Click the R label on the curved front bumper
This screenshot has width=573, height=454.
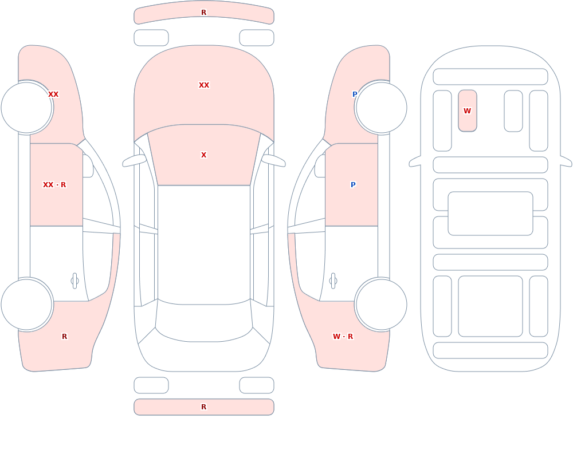pyautogui.click(x=203, y=13)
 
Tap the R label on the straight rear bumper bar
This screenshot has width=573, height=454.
pyautogui.click(x=203, y=407)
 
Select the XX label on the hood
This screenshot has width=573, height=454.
pyautogui.click(x=204, y=85)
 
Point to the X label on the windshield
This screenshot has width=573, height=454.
pyautogui.click(x=203, y=155)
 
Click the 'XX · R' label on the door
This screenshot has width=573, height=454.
pyautogui.click(x=54, y=185)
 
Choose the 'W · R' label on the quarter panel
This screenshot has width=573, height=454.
pyautogui.click(x=343, y=337)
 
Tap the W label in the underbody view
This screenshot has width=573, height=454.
pyautogui.click(x=467, y=110)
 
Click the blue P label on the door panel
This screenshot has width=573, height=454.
pyautogui.click(x=353, y=185)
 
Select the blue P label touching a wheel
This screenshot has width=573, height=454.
pyautogui.click(x=355, y=94)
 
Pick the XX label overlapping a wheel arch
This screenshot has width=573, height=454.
pyautogui.click(x=53, y=94)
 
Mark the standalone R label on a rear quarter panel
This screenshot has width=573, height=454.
pyautogui.click(x=64, y=337)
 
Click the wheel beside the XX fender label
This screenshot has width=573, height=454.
pyautogui.click(x=27, y=108)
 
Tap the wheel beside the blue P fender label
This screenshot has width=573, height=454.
pyautogui.click(x=381, y=108)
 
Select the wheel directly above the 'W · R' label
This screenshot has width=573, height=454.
pyautogui.click(x=381, y=304)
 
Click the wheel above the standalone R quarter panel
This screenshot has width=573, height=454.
pyautogui.click(x=27, y=304)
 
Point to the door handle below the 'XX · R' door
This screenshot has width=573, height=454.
pyautogui.click(x=74, y=281)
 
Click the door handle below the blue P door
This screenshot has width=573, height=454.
pyautogui.click(x=333, y=281)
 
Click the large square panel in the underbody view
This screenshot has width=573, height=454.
pyautogui.click(x=490, y=306)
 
